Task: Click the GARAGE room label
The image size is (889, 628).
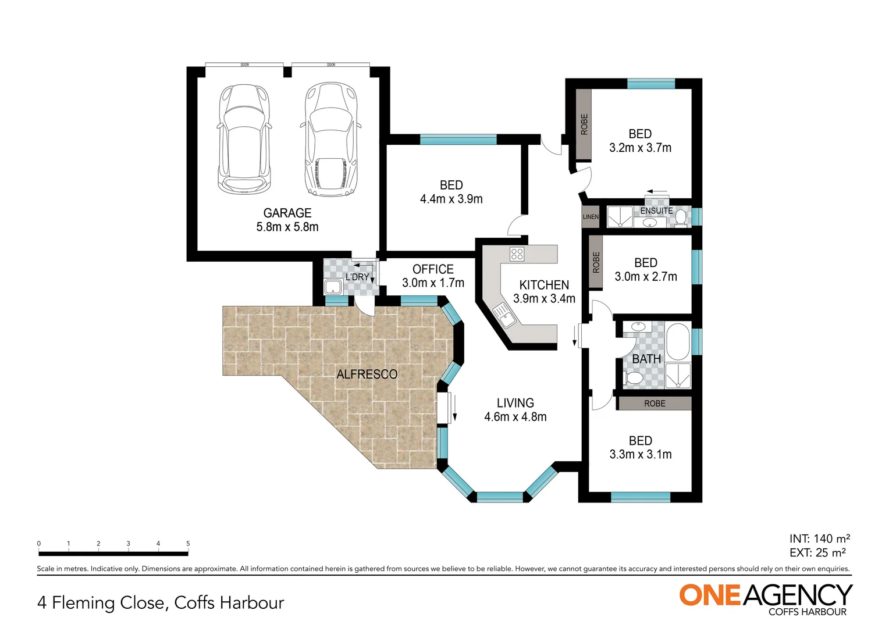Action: point(287,213)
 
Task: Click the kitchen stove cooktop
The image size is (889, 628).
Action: point(517,254)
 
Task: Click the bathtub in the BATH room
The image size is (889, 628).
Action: point(677,342)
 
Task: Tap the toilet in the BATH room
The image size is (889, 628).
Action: point(632,379)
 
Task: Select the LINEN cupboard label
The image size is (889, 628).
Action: point(591,217)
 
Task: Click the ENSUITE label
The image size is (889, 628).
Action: point(656,210)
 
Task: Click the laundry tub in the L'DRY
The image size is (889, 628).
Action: point(333,287)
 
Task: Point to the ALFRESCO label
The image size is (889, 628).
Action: point(367,374)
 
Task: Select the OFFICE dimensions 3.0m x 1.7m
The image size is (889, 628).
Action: point(433,283)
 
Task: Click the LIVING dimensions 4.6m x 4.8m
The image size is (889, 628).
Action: point(515,417)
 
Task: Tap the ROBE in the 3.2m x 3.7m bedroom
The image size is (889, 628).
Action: point(584,124)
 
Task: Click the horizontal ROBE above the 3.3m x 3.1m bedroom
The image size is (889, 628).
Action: point(655,404)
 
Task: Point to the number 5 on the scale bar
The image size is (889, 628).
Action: point(188,544)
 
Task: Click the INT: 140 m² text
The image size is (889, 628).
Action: point(819,539)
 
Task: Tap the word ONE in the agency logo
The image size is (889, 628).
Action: point(710,595)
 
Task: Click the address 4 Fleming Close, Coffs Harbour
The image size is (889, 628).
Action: point(161,603)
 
